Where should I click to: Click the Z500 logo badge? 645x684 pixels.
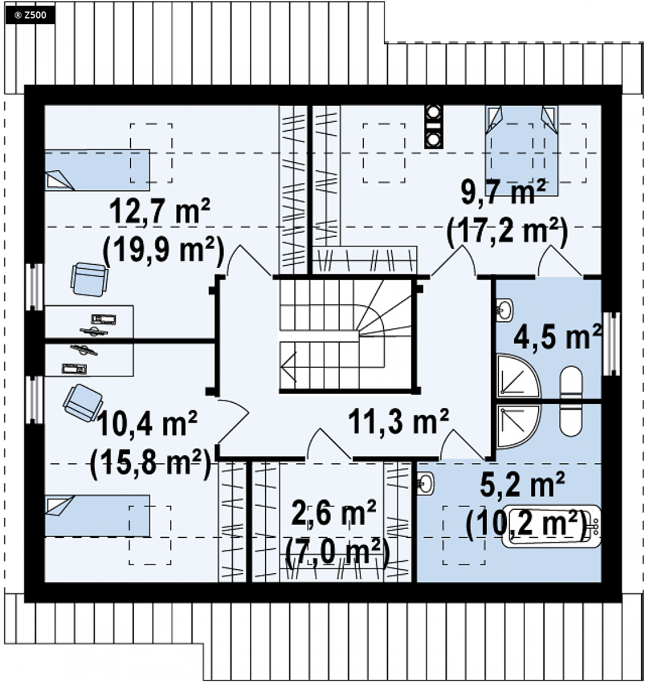point(30,16)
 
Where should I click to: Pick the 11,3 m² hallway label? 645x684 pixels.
point(398,421)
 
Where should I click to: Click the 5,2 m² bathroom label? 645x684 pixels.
point(523,484)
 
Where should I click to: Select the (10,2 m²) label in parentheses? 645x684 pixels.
point(527,524)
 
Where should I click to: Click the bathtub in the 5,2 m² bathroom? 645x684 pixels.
point(551,526)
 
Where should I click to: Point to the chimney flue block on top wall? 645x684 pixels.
point(434,126)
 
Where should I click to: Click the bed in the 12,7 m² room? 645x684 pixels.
point(97,170)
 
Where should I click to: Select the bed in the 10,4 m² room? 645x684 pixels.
point(97,516)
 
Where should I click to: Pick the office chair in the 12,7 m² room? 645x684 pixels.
point(90,279)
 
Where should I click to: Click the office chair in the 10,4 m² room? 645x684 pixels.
point(83,403)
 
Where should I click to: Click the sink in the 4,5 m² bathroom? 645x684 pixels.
point(505,310)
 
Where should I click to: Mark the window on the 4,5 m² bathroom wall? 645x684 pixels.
point(611,344)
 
